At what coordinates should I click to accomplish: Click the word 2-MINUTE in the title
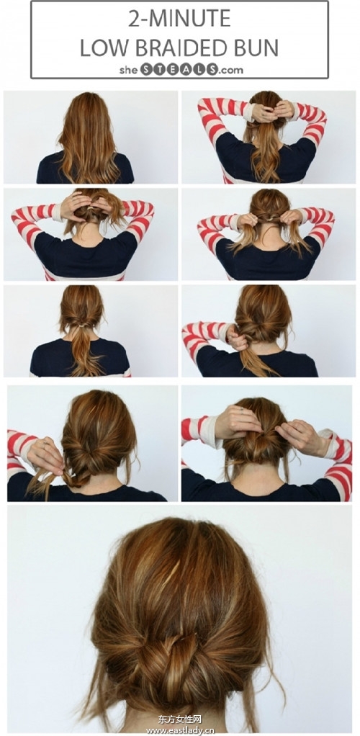click(x=180, y=18)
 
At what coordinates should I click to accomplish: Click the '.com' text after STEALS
click(x=231, y=71)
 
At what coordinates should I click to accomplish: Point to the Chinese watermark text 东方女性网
click(x=180, y=719)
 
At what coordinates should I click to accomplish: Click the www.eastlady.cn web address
click(x=180, y=730)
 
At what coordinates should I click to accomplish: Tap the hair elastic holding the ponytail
click(x=81, y=324)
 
